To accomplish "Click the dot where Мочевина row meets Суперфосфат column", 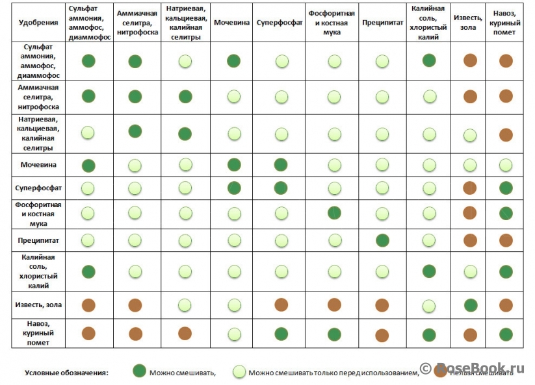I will point(281,164).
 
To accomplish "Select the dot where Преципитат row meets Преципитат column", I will point(382,240).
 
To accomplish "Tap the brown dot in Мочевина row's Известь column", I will point(470,164).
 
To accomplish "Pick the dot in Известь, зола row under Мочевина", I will point(234,304).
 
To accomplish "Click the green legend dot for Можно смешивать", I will point(138,372).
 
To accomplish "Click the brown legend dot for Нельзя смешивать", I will point(442,372).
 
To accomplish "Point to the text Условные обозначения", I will point(66,373).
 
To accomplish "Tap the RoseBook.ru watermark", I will point(478,368).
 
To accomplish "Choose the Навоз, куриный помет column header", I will point(506,23).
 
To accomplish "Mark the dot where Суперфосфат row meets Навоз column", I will point(506,188).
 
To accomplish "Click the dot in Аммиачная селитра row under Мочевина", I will point(234,97).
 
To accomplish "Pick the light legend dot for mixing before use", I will point(239,372).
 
